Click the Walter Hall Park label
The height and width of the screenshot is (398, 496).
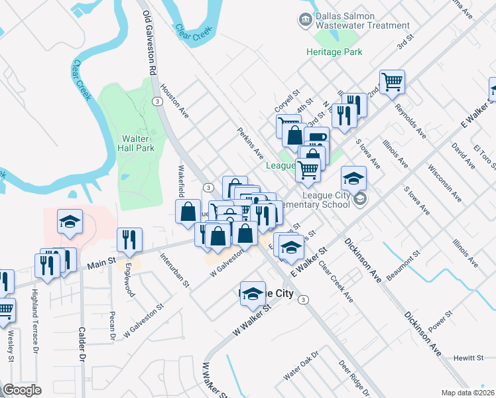point(138,143)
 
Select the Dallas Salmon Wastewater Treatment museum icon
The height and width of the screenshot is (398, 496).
point(305,20)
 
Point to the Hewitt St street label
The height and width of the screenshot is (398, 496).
point(470,358)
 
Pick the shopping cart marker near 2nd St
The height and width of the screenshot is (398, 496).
point(392,82)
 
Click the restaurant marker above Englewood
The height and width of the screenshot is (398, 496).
point(129,239)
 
